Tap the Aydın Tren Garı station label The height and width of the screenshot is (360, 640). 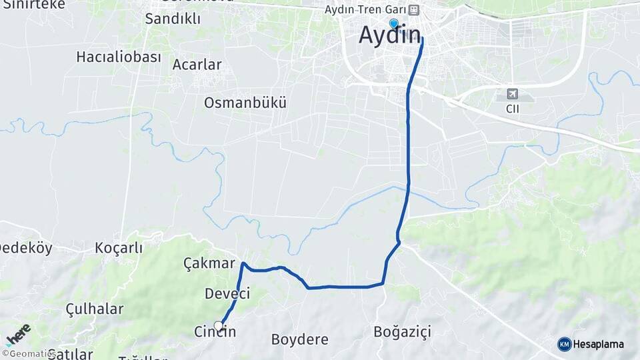(x=365, y=10)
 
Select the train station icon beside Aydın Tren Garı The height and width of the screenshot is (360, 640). (x=414, y=10)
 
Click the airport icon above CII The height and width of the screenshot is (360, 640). (x=512, y=94)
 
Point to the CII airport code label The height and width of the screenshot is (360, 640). (x=513, y=108)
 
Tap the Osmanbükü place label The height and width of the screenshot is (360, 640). (x=245, y=103)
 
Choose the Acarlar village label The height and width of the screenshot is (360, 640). (x=197, y=65)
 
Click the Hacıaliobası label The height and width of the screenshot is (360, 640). (x=119, y=57)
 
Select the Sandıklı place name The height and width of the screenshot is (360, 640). (x=173, y=19)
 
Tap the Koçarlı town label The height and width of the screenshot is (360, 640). (x=119, y=248)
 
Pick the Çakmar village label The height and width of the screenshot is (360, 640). (x=209, y=263)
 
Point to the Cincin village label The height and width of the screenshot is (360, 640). (x=215, y=332)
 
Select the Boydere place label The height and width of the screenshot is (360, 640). (x=299, y=339)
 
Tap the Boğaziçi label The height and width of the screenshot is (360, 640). (x=403, y=331)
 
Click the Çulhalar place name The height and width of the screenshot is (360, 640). (x=95, y=309)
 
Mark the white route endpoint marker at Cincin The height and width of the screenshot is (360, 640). (x=219, y=326)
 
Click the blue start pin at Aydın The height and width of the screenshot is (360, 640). (x=393, y=24)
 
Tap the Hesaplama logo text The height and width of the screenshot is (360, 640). (x=598, y=344)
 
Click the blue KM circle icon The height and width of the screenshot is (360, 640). (x=564, y=344)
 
